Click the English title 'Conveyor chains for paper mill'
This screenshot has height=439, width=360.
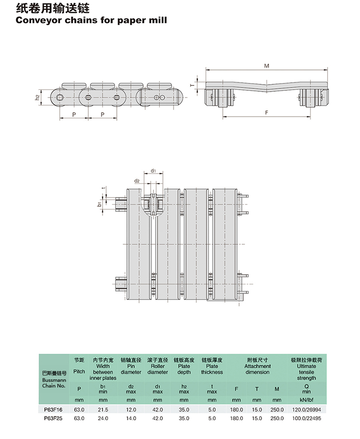click(x=91, y=20)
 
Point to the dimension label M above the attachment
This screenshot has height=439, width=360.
click(x=266, y=66)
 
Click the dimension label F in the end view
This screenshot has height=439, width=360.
click(x=266, y=112)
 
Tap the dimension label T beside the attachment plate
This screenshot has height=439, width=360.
click(x=192, y=85)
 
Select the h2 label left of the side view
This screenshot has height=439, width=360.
click(x=37, y=98)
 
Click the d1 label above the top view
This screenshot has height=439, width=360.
click(x=153, y=170)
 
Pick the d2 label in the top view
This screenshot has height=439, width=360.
click(x=137, y=181)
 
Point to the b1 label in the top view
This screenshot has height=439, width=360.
click(x=99, y=204)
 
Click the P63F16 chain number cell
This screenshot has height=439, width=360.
click(x=53, y=410)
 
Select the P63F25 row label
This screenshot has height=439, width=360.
click(x=53, y=418)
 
